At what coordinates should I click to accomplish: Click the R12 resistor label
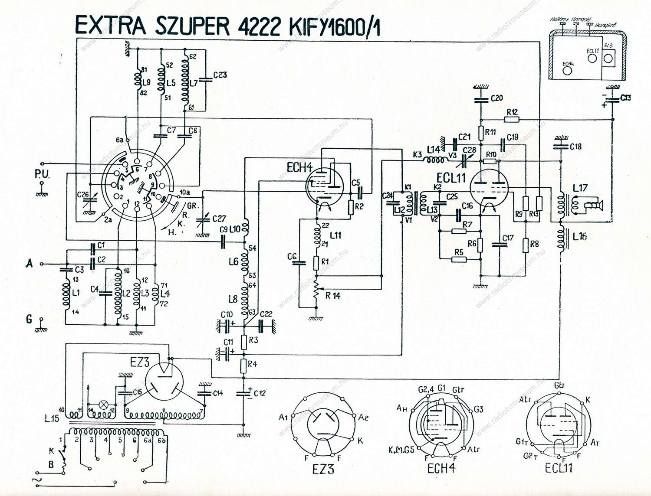[513, 112]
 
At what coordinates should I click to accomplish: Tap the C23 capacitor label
[220, 75]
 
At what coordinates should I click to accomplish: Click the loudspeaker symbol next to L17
[592, 207]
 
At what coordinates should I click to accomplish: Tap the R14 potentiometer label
[333, 297]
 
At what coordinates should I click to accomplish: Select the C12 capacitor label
[260, 393]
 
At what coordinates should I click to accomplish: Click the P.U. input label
[42, 176]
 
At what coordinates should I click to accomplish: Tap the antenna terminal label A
[30, 263]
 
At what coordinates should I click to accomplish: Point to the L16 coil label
[580, 237]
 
